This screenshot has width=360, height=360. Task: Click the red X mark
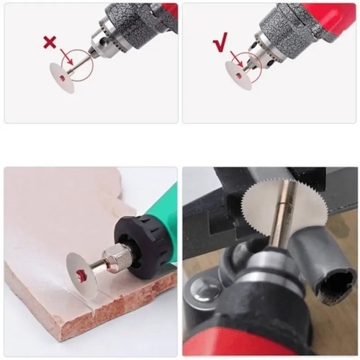[50, 42]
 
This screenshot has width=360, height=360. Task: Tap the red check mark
[220, 44]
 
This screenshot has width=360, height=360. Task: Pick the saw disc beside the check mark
[238, 75]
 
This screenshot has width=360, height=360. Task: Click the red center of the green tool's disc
[86, 276]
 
